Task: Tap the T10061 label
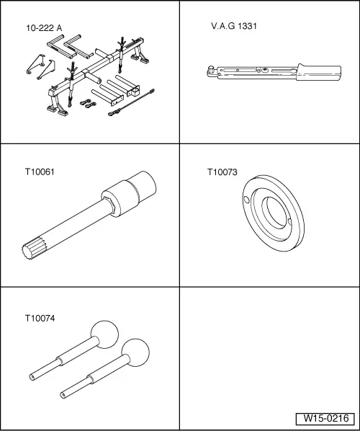pos(39,172)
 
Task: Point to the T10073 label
pos(222,172)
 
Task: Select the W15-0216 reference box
pos(325,418)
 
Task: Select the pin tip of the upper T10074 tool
pos(33,376)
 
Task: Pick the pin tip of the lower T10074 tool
pos(66,393)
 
